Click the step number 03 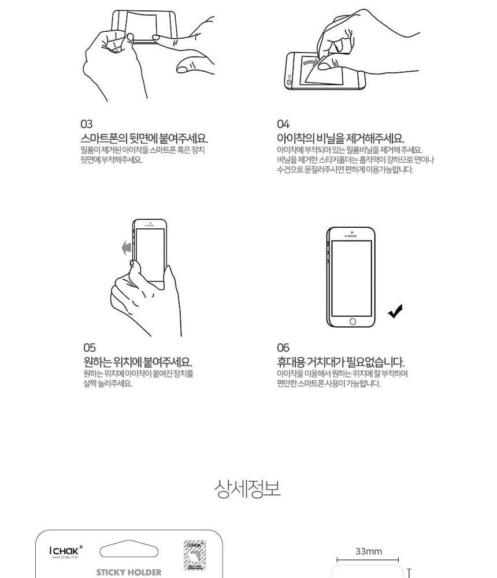(x=86, y=124)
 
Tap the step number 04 (x=283, y=124)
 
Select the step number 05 (x=89, y=347)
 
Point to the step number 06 (x=283, y=347)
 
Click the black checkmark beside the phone (x=395, y=312)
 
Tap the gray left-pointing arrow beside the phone (x=127, y=247)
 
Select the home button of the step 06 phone (x=353, y=321)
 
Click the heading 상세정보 (x=247, y=488)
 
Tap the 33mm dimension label (x=368, y=551)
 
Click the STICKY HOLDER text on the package (x=129, y=572)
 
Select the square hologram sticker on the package (x=195, y=555)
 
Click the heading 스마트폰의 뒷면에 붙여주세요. (x=144, y=139)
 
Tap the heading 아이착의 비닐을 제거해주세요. (x=340, y=139)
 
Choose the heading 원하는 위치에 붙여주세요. (x=138, y=362)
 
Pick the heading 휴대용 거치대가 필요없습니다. (x=340, y=362)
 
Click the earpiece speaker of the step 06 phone (x=352, y=236)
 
